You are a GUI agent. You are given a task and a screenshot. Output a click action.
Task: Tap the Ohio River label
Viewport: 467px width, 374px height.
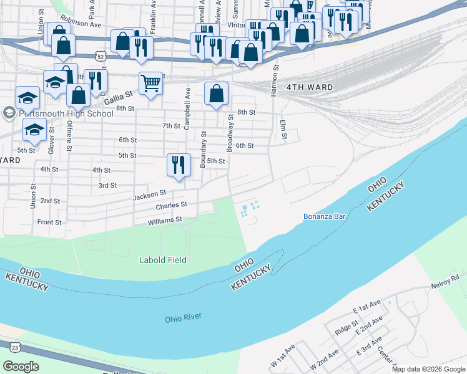(x=183, y=318)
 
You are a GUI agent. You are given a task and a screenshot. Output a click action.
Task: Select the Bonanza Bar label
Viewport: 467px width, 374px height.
(x=324, y=216)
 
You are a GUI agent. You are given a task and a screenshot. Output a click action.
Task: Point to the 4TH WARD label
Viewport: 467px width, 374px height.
(x=310, y=87)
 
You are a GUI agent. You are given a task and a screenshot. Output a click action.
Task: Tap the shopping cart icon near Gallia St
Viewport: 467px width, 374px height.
(x=150, y=82)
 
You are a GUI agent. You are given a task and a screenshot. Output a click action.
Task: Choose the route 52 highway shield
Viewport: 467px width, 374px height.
(x=101, y=55)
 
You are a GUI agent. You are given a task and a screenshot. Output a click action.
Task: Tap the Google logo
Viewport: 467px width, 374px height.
(x=21, y=367)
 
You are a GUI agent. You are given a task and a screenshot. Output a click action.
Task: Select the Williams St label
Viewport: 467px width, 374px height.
(x=165, y=219)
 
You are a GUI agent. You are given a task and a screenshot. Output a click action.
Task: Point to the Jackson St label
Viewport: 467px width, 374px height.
(x=149, y=196)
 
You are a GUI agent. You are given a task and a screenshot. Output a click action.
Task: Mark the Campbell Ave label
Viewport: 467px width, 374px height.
(x=187, y=100)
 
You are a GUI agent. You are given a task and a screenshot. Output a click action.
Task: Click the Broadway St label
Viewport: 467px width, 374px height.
(x=230, y=132)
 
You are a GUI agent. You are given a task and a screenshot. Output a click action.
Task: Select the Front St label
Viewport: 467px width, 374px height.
(x=49, y=222)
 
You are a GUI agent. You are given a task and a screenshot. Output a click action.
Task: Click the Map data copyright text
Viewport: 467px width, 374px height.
(x=428, y=369)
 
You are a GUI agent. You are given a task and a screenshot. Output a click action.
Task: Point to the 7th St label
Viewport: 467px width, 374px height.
(x=171, y=126)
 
